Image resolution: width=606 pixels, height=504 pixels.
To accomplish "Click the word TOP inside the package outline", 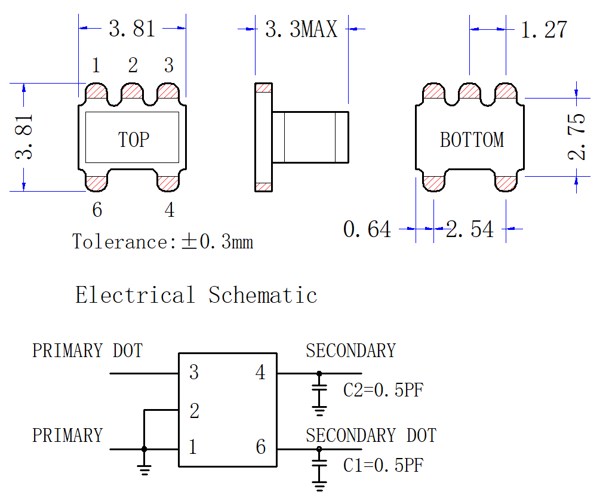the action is click(133, 140).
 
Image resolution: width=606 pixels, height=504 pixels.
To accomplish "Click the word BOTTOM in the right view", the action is click(472, 140).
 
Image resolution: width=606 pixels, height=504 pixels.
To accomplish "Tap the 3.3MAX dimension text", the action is click(301, 29).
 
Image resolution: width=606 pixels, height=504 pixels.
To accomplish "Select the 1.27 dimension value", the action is click(544, 30).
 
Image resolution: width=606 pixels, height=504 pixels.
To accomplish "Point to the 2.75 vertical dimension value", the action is click(576, 137).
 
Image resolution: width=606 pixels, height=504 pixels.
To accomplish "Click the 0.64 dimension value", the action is click(367, 229).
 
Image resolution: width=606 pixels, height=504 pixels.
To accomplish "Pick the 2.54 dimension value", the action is click(469, 229).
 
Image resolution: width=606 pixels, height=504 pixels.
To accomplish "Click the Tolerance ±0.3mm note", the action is click(162, 242).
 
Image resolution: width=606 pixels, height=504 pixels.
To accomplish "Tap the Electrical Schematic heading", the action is click(196, 295).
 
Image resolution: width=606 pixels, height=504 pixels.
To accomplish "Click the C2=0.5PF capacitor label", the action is click(383, 389).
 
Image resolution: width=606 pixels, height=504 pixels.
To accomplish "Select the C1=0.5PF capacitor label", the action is click(383, 465).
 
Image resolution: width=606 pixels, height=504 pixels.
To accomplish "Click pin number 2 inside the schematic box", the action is click(195, 410).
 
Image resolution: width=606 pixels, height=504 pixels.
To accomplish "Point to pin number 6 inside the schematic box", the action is click(261, 447).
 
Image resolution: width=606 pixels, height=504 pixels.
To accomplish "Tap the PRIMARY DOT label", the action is click(87, 351).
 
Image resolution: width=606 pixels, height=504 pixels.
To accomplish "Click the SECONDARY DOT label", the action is click(371, 435).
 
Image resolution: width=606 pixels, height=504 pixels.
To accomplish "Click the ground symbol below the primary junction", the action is click(144, 469).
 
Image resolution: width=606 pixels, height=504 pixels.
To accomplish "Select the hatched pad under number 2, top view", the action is click(132, 91).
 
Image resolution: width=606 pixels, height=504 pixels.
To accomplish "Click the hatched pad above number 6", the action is click(96, 183).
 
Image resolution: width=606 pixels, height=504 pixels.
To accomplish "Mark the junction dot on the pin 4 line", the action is click(319, 373).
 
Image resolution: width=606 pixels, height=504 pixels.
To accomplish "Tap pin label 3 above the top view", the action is click(169, 65).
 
